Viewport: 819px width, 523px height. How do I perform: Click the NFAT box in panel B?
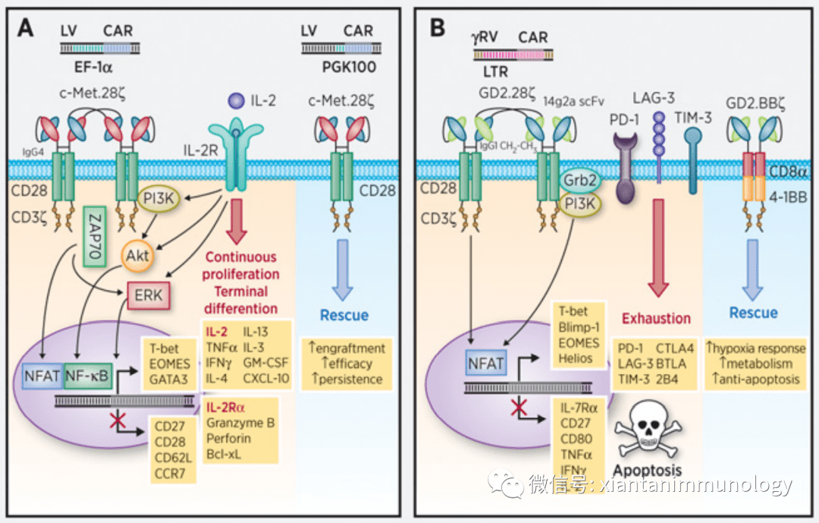(485, 364)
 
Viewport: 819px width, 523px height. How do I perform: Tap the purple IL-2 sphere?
(236, 99)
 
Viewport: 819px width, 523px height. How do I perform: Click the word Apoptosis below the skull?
(647, 470)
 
